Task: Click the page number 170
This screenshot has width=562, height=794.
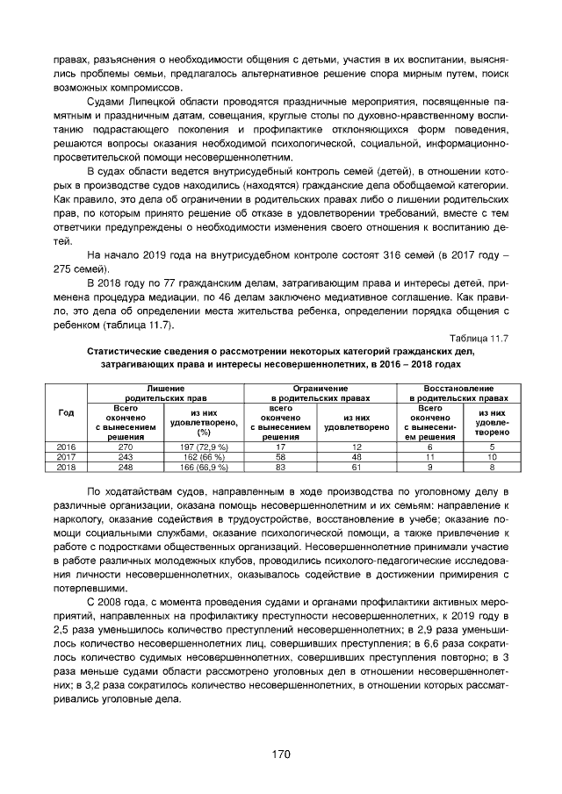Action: click(281, 754)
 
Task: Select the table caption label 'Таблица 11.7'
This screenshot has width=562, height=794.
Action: click(479, 337)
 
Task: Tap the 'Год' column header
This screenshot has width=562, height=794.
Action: click(66, 412)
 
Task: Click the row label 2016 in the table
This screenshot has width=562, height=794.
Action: click(66, 447)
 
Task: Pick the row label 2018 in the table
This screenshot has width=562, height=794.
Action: click(66, 466)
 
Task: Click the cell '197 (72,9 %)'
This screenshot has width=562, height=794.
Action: click(205, 447)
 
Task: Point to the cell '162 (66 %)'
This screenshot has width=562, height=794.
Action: click(205, 456)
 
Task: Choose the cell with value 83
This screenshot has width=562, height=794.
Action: click(280, 466)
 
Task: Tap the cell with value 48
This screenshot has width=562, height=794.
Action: click(357, 456)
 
